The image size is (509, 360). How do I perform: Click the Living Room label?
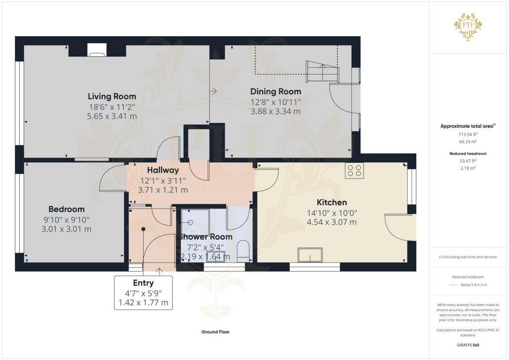tap(112, 96)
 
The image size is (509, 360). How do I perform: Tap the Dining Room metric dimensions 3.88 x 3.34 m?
tap(275, 111)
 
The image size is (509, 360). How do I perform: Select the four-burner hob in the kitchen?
tap(354, 171)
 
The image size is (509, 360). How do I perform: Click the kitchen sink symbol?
tap(310, 255)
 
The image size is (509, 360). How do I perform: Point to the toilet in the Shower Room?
tap(243, 251)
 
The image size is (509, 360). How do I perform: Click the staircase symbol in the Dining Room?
tap(322, 72)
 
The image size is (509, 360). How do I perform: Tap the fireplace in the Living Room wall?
tap(97, 50)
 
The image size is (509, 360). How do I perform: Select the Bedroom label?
tap(67, 209)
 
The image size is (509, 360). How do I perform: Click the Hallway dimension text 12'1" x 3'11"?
tap(163, 180)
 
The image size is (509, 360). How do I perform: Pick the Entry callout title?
tap(144, 283)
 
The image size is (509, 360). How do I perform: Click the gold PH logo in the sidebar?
tap(468, 27)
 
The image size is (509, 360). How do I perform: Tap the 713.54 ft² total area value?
tap(468, 134)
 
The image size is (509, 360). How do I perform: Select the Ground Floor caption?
tap(216, 332)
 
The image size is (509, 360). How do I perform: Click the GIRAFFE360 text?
tap(468, 345)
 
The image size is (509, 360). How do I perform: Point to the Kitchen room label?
tap(332, 202)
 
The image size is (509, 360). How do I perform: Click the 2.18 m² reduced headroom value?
tap(468, 168)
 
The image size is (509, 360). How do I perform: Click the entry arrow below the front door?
tap(160, 271)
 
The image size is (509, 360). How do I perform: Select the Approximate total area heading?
tap(468, 126)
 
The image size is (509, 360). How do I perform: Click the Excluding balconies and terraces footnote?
tap(468, 257)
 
